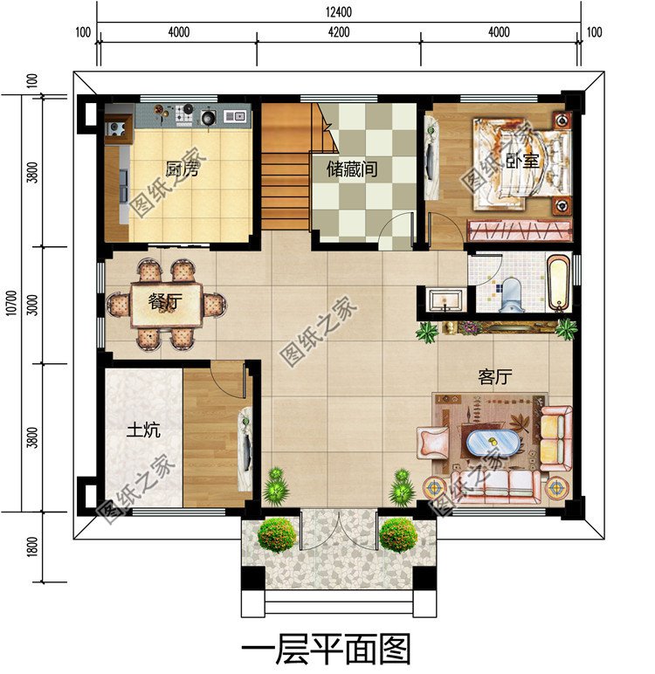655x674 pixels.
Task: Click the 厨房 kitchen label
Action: [182, 168]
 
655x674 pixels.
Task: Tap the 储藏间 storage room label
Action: [352, 168]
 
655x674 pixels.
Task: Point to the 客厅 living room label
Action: [495, 377]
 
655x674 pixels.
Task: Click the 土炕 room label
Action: [143, 430]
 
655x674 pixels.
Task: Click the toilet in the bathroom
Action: [512, 294]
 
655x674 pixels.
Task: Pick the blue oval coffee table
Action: [493, 444]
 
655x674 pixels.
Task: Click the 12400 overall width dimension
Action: [339, 11]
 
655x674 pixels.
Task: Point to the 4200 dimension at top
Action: [339, 31]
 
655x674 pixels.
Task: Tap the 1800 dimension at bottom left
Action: [32, 547]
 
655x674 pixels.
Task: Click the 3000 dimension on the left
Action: [32, 305]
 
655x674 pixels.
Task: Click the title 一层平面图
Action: [326, 649]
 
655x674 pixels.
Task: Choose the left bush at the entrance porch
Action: [277, 534]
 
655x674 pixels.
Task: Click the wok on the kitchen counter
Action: [209, 116]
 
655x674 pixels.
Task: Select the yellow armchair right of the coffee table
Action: [555, 438]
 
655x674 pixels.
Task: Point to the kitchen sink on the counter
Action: [235, 116]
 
